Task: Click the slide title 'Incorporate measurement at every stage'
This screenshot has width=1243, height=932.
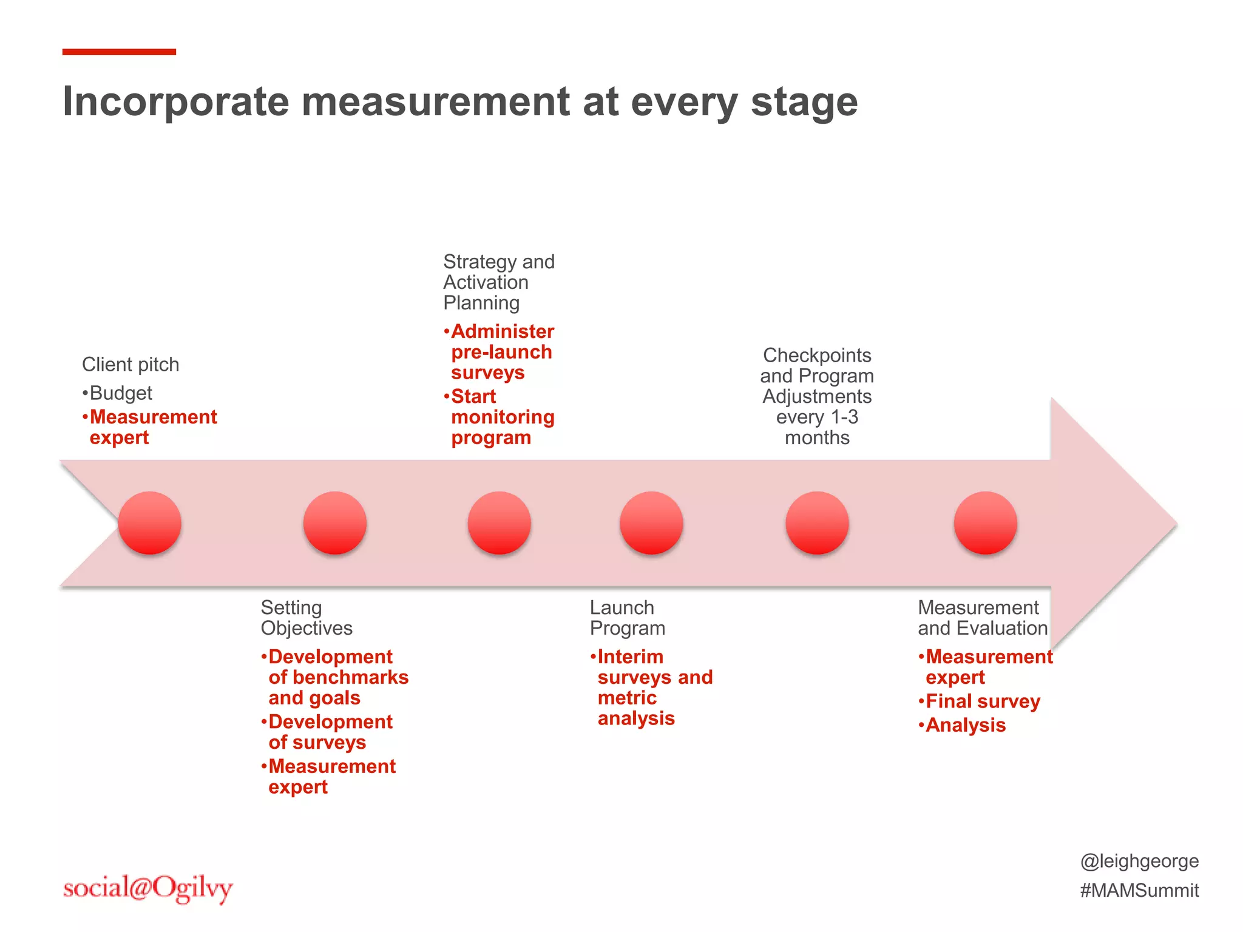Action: tap(460, 101)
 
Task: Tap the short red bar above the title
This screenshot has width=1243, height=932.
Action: tap(119, 52)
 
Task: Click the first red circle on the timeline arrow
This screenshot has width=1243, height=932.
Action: tap(149, 523)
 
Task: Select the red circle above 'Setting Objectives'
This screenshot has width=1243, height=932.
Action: tap(335, 523)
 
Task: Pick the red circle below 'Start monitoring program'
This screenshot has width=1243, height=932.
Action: tap(500, 523)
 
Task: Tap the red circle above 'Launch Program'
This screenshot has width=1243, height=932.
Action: tap(651, 523)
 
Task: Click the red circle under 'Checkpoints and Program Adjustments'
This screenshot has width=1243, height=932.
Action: tap(817, 523)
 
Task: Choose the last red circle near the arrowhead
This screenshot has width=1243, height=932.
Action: tap(985, 523)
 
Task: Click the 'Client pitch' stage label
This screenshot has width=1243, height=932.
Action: tap(130, 365)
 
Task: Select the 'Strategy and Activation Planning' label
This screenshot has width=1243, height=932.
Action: tap(498, 282)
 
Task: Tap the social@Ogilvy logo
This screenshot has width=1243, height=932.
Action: tap(147, 888)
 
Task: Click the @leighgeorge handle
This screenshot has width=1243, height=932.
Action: tap(1139, 861)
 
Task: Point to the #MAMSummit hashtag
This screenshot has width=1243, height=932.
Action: tap(1139, 890)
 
